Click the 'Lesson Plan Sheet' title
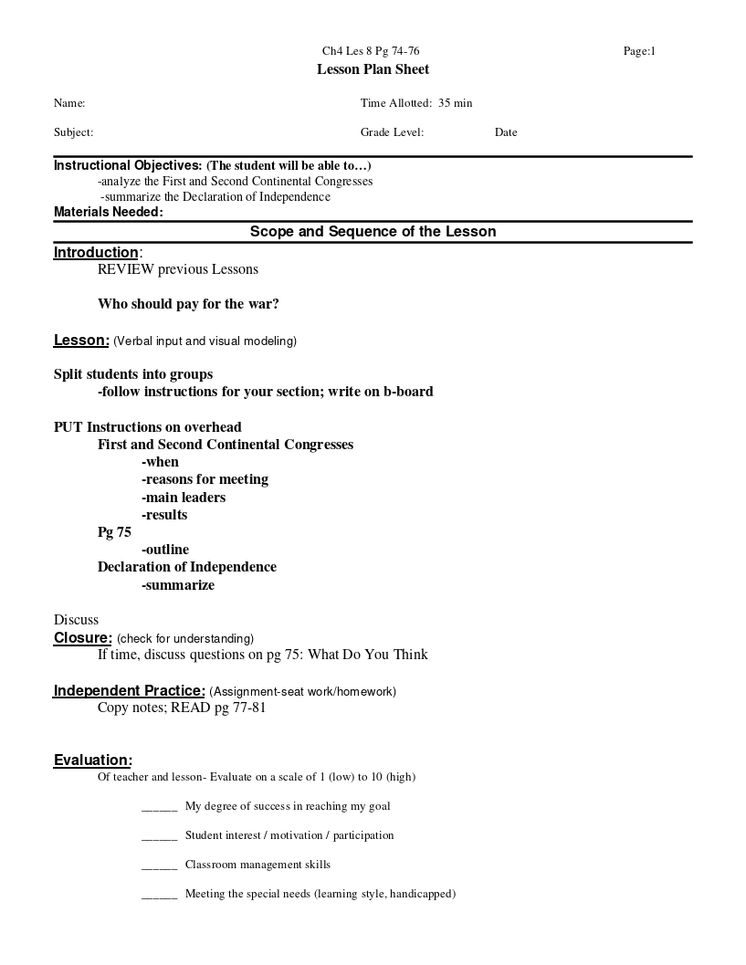(x=373, y=69)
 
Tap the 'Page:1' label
(x=639, y=51)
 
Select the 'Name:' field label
(x=69, y=103)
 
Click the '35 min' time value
(x=456, y=103)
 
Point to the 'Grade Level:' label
(x=392, y=132)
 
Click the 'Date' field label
(x=506, y=132)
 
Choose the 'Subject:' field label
(x=73, y=132)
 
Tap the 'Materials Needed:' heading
(x=108, y=212)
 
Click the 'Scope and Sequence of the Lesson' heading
(x=373, y=232)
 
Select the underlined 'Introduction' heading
(x=96, y=253)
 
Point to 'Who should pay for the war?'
(x=188, y=304)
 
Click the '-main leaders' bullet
(x=184, y=498)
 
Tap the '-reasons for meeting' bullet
(x=205, y=479)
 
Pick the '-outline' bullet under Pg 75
(x=165, y=550)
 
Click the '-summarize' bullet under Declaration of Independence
(x=178, y=585)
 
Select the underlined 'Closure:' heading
(x=83, y=638)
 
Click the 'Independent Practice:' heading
(x=129, y=691)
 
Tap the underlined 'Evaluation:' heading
(x=92, y=760)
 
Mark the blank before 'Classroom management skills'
(x=159, y=865)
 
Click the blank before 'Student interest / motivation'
(x=159, y=836)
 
